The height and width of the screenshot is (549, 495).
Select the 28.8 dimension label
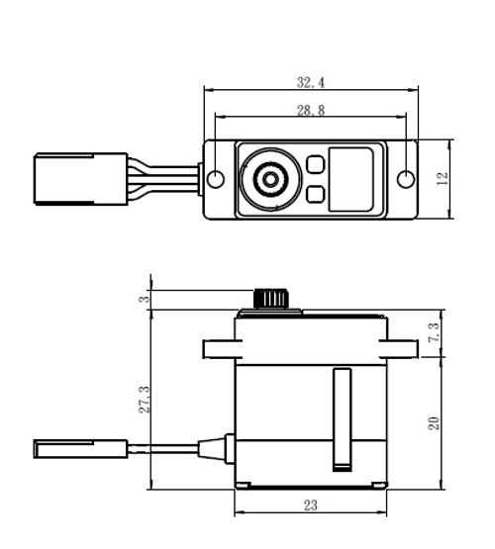click(312, 113)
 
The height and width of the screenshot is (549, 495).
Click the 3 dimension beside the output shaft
click(146, 299)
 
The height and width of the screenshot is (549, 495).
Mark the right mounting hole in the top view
click(406, 179)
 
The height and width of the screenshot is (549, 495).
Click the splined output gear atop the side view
click(268, 298)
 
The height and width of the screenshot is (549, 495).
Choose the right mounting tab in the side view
click(403, 348)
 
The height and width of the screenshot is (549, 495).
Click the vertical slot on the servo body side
click(344, 416)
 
